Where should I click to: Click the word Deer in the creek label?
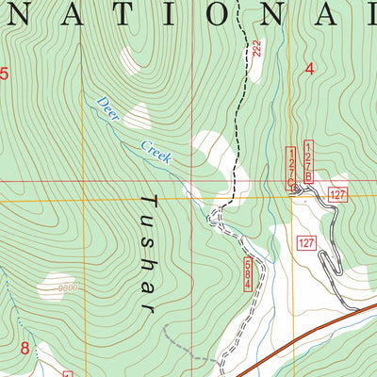(107, 108)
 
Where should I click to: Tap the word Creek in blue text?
(156, 152)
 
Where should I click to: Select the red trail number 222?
(256, 52)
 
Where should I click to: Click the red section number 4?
(309, 68)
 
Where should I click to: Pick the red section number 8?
(25, 348)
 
